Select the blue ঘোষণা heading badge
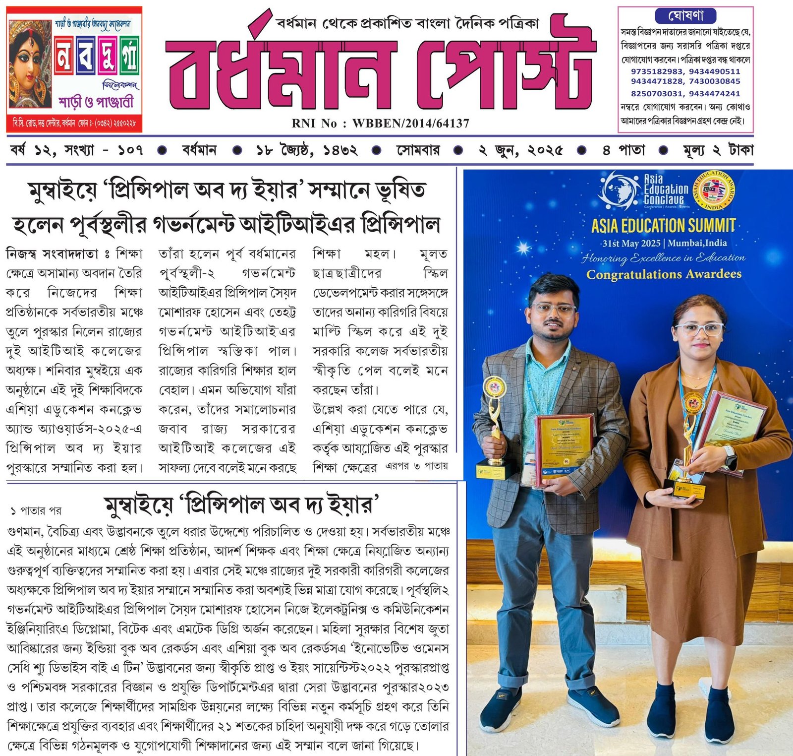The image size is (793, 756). click(686, 16)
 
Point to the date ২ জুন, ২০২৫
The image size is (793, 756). click(520, 150)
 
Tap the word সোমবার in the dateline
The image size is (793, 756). click(417, 150)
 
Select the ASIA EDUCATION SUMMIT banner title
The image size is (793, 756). click(663, 226)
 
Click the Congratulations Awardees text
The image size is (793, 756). click(664, 274)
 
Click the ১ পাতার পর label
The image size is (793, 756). click(36, 510)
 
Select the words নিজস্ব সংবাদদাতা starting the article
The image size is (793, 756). click(52, 254)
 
